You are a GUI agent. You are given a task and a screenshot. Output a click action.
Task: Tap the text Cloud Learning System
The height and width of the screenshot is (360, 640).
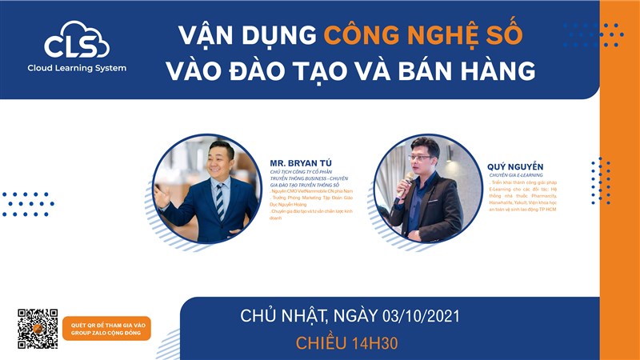click(76, 68)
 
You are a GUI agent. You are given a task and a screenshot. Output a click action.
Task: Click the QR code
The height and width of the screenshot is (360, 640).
click(38, 328)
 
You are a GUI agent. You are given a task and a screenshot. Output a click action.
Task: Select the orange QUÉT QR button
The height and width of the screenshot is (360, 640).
click(106, 328)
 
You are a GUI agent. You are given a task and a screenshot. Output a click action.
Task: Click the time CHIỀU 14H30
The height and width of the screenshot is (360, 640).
click(347, 344)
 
